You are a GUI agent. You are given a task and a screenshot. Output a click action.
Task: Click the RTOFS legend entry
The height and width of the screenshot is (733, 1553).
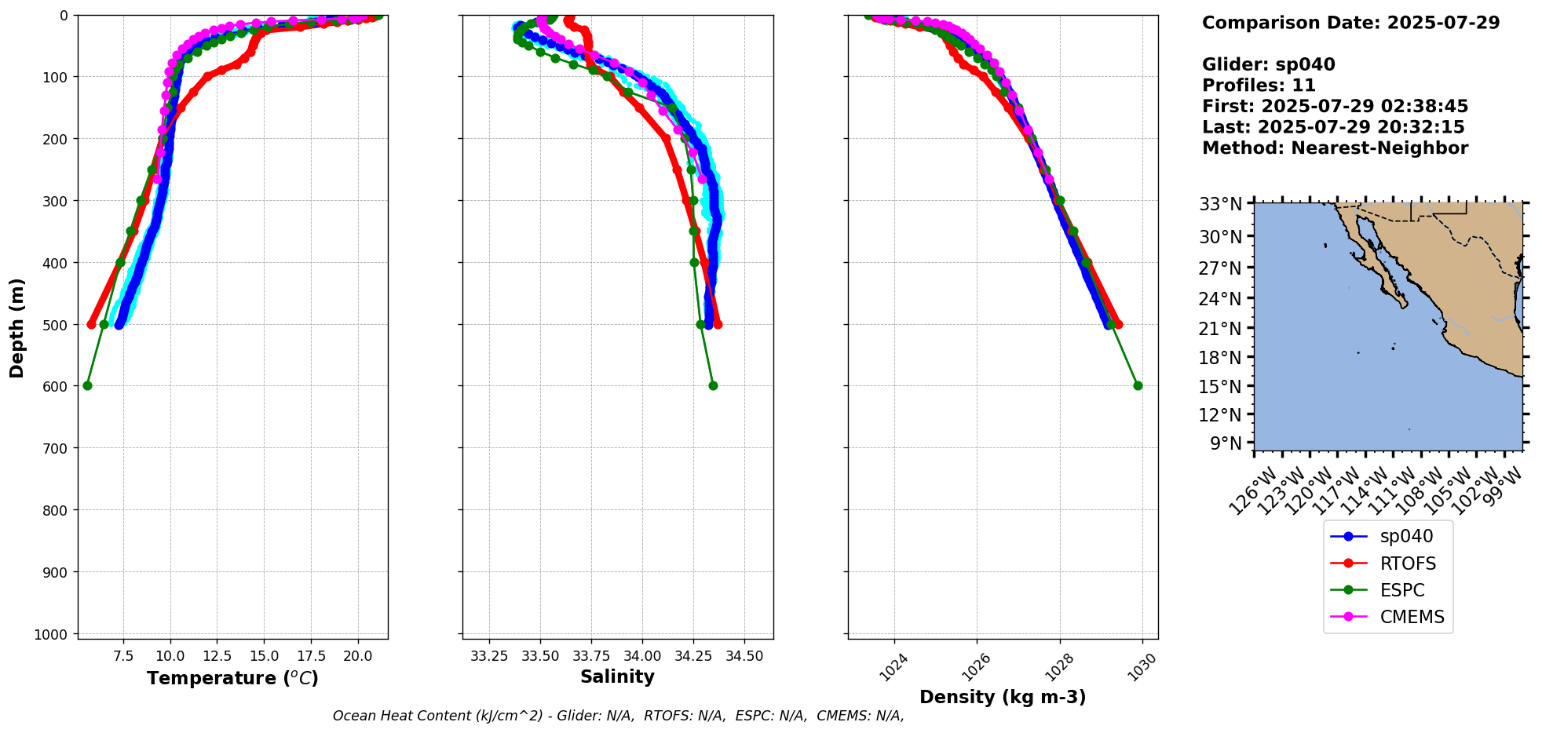[1408, 563]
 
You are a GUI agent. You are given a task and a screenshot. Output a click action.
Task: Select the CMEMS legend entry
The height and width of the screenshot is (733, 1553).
[1412, 617]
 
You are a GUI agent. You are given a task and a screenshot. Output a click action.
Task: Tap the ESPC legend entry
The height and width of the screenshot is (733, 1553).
[1401, 590]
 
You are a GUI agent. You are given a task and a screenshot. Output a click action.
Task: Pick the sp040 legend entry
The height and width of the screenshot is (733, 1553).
[1406, 536]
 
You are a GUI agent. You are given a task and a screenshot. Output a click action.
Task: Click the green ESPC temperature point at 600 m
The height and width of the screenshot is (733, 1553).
[87, 385]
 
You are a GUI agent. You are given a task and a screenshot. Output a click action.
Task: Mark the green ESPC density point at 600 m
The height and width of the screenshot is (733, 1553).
[1138, 385]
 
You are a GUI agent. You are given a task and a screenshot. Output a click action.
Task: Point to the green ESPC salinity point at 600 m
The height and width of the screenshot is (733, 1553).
[713, 385]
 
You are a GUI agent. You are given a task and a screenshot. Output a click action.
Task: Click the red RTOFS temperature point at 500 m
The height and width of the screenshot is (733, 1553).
[91, 324]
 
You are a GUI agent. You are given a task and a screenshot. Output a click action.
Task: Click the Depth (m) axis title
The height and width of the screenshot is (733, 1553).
[17, 327]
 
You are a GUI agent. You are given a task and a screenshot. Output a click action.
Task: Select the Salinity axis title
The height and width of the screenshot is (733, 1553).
[617, 677]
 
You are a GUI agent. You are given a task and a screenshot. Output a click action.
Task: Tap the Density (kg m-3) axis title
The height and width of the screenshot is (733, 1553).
[1003, 697]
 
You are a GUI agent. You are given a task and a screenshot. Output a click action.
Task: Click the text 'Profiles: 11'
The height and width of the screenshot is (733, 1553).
[1259, 86]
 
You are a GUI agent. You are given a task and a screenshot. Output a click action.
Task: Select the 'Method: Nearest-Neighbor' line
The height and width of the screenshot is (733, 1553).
[1335, 148]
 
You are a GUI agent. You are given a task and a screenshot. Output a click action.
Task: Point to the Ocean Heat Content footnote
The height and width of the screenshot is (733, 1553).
[618, 716]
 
